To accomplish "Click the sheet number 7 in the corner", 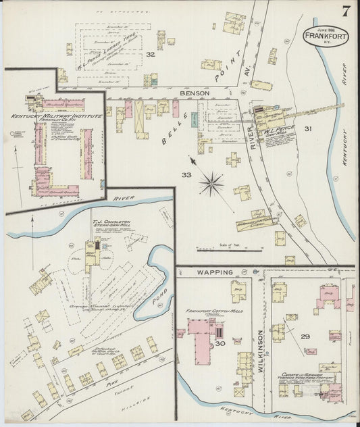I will click(345, 11).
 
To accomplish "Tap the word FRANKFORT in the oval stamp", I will click(326, 36).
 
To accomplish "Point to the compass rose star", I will click(213, 180).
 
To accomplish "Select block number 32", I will click(151, 55).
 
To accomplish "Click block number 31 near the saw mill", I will click(308, 128).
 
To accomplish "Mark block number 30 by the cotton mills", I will click(220, 343).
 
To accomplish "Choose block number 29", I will click(305, 336).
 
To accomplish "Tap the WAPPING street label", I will click(215, 272).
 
